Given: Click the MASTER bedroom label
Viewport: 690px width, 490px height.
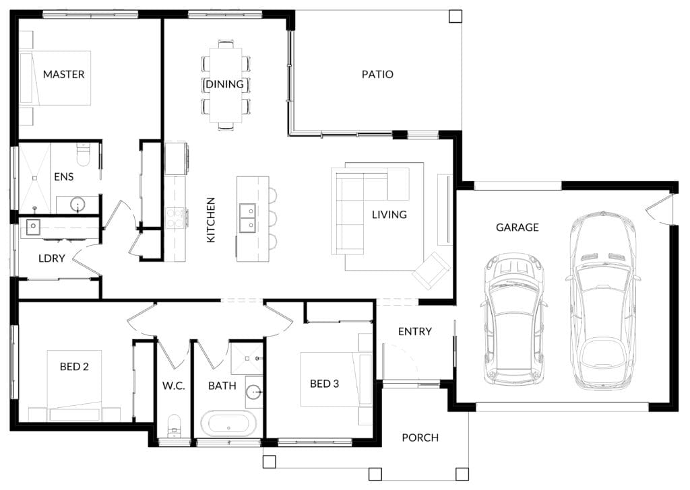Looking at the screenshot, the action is point(64,74).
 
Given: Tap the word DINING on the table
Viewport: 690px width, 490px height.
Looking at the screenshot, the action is point(224,84).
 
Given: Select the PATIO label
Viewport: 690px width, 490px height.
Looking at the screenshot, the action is point(377,74).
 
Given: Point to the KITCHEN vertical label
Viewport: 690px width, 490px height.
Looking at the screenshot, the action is point(211,219).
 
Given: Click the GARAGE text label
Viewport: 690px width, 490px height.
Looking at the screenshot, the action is point(517,228).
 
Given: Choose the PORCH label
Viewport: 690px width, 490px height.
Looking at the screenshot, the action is point(420,438).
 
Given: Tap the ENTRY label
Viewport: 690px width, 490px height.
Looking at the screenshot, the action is point(415,331).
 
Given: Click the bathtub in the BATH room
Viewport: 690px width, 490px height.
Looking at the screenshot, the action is point(228,424).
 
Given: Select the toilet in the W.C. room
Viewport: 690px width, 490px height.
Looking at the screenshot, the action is point(175,425).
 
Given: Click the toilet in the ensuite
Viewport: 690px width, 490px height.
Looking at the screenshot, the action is point(83,154).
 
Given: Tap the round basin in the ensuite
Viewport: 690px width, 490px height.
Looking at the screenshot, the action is point(78,205).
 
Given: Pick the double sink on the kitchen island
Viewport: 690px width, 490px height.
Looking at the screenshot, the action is point(247,218).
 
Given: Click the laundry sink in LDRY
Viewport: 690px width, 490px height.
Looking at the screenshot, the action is point(33,227).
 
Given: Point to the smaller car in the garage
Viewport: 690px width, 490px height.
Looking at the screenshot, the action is point(514,319).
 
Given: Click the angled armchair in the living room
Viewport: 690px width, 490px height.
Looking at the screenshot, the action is point(431,271).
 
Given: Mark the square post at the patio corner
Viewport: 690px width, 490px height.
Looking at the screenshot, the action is point(456,16).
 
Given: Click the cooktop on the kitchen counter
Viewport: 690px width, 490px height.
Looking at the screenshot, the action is point(175,217).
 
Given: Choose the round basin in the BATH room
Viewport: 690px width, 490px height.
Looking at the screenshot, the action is point(254,391).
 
